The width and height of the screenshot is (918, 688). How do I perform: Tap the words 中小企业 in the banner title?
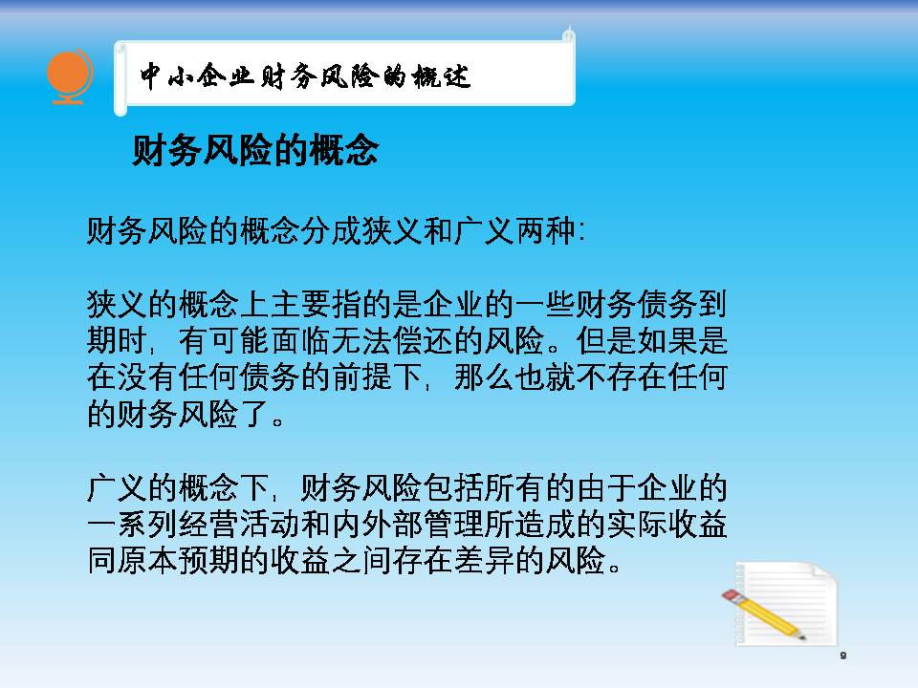click(x=197, y=76)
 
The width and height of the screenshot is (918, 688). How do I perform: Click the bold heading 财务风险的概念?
click(x=255, y=150)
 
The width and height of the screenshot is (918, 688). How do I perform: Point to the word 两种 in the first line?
click(x=546, y=230)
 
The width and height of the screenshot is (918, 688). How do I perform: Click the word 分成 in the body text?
click(x=332, y=230)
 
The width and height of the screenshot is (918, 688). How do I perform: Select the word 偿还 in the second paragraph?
click(x=424, y=340)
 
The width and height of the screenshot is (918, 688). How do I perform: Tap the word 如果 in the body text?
click(x=667, y=340)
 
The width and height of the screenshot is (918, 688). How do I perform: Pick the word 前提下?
click(x=378, y=376)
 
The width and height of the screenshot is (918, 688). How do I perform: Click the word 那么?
click(x=485, y=376)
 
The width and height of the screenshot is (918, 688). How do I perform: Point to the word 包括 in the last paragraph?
click(x=453, y=487)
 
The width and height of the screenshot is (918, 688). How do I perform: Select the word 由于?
click(x=606, y=487)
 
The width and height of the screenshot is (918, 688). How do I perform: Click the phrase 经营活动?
click(x=240, y=524)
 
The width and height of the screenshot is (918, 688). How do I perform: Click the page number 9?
click(x=843, y=656)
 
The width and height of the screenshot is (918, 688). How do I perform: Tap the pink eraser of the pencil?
click(x=730, y=596)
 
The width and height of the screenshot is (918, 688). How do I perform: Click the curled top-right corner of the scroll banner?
click(x=568, y=34)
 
